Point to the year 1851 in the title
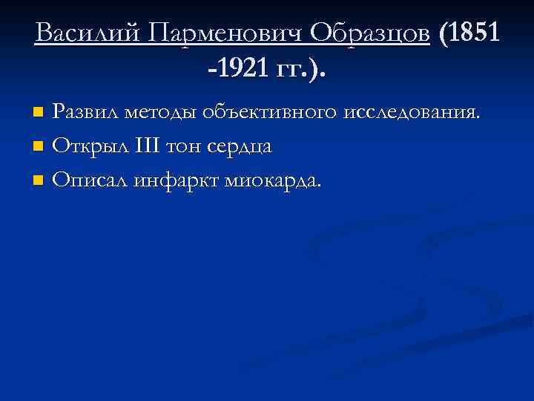coord(475,33)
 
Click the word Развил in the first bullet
coord(88,113)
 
